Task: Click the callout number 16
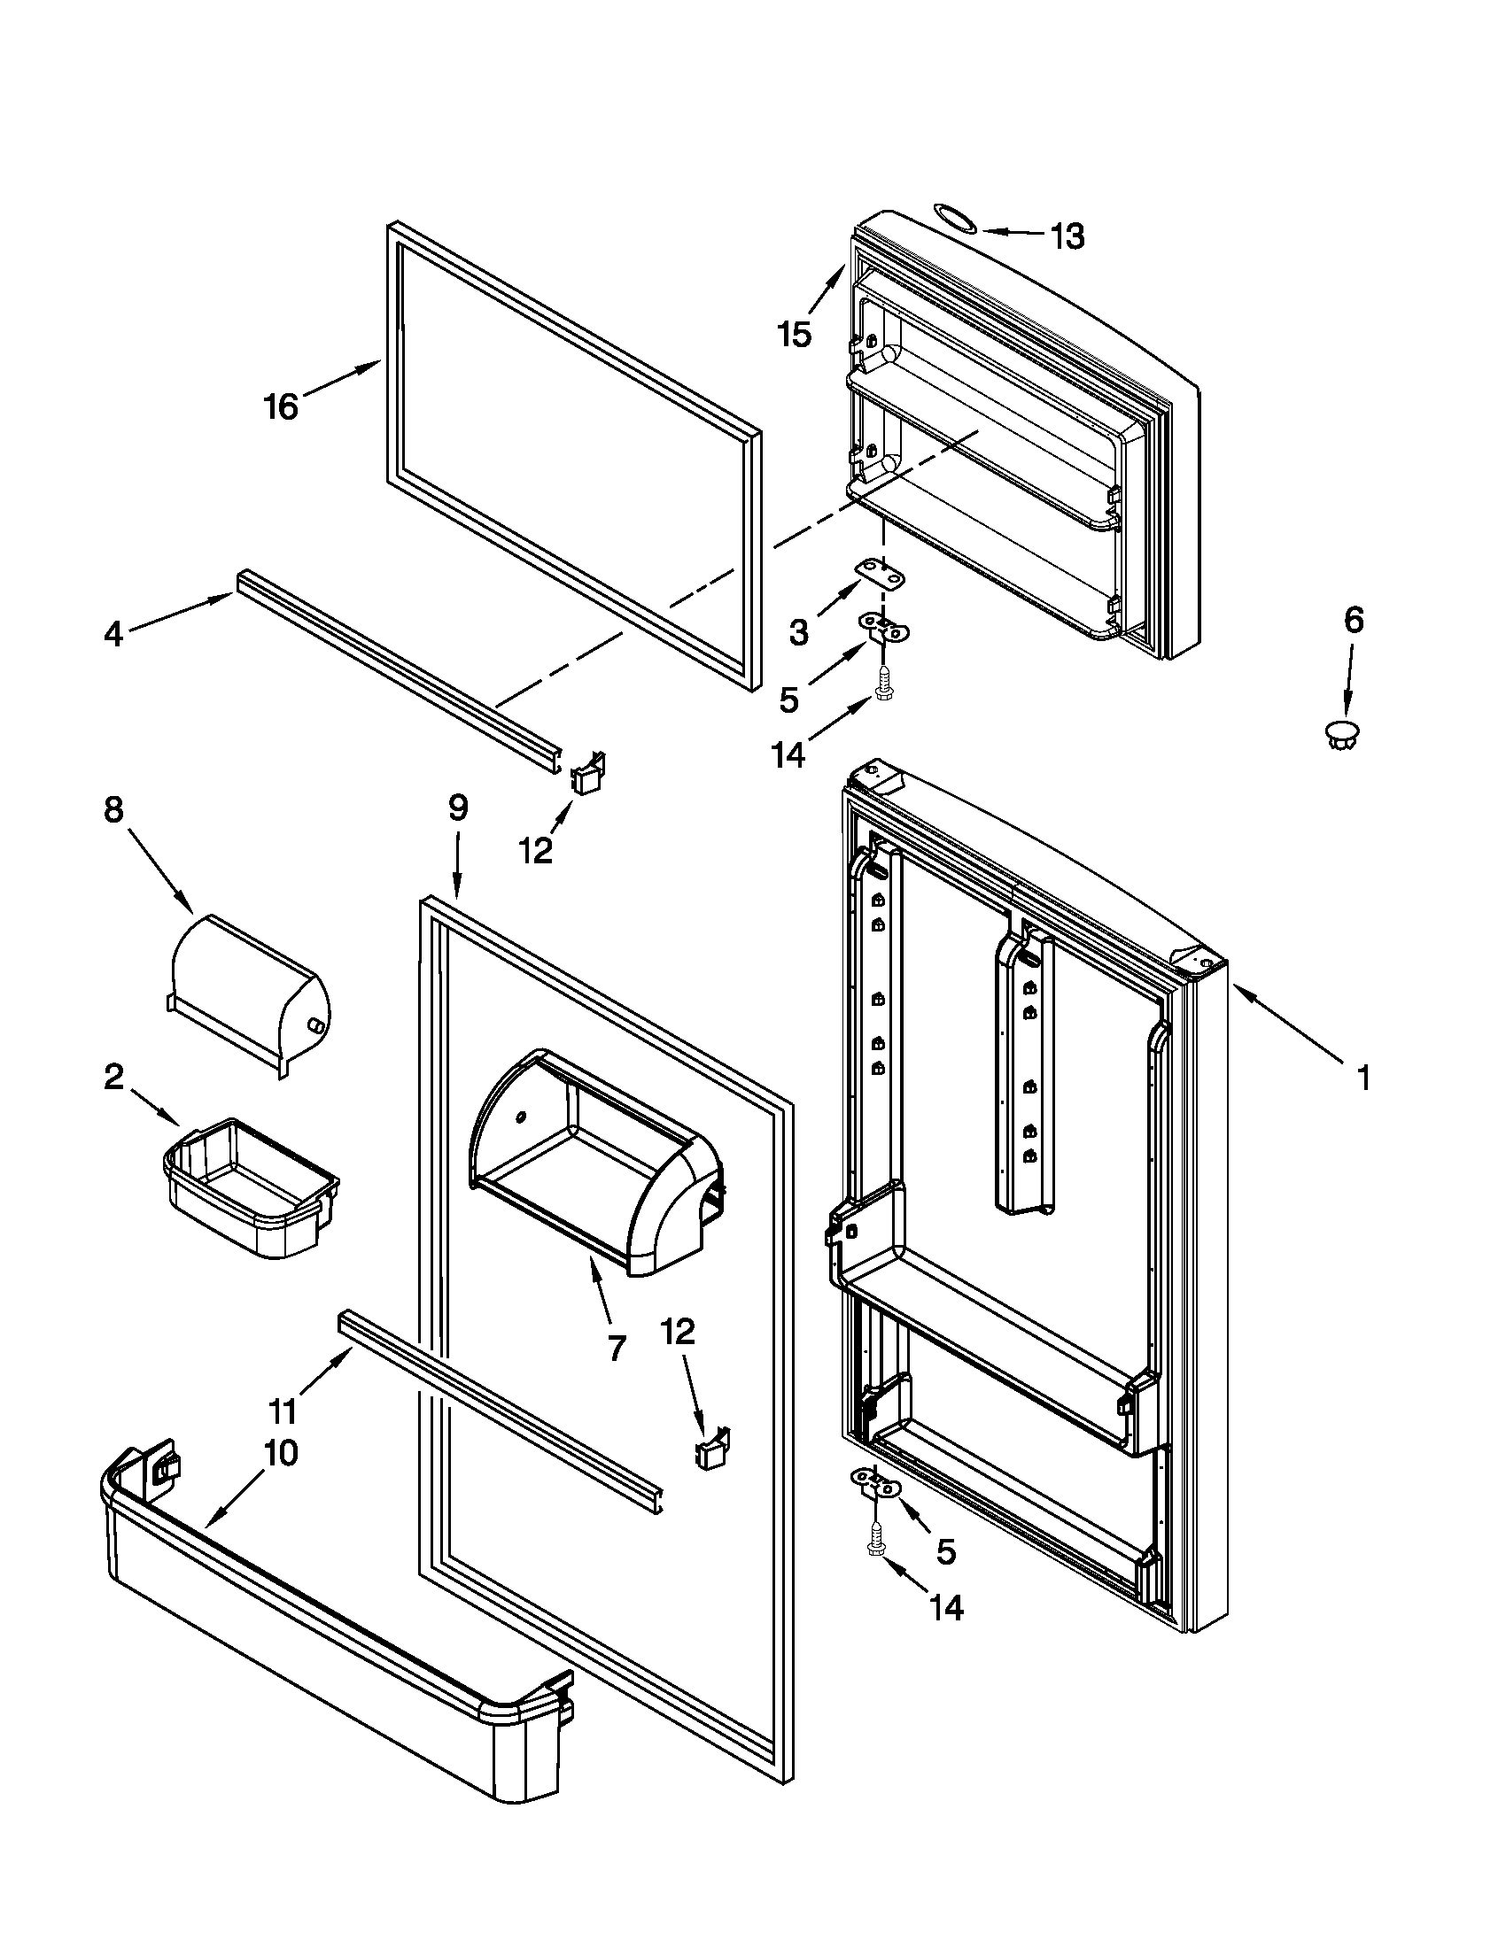(280, 406)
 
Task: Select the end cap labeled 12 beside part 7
(713, 1454)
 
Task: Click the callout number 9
(457, 808)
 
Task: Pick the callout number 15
(793, 335)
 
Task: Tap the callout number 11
(283, 1412)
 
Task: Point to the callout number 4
(113, 634)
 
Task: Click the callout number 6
(1354, 619)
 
